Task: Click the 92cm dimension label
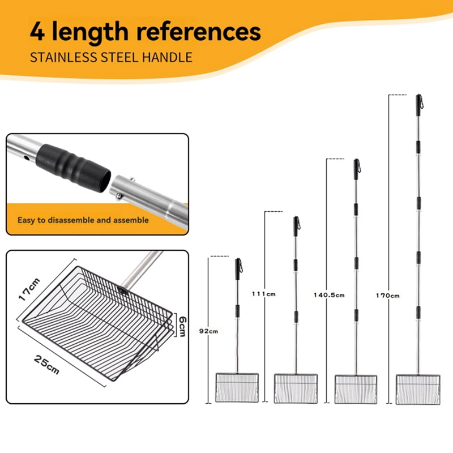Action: (x=208, y=331)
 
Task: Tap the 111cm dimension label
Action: (x=264, y=294)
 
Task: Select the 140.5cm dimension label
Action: (x=329, y=295)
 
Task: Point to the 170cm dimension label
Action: (x=388, y=296)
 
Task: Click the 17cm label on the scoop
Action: (x=29, y=289)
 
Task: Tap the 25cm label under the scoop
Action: (x=46, y=365)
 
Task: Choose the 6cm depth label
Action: (x=182, y=327)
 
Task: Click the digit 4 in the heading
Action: (x=37, y=32)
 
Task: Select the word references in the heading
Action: (x=199, y=32)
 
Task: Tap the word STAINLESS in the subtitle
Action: (x=64, y=57)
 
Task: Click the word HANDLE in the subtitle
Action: (x=167, y=57)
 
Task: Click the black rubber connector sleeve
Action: (x=73, y=168)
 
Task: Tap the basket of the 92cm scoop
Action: (x=237, y=388)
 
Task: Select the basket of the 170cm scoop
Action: (x=418, y=389)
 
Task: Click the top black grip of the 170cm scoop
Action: (x=418, y=105)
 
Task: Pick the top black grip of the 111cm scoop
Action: (x=296, y=226)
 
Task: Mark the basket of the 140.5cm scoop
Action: (x=356, y=389)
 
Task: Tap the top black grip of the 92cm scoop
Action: (x=237, y=269)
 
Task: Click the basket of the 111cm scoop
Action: (x=296, y=388)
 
